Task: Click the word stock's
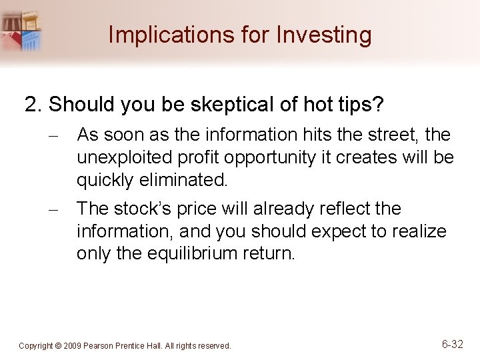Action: [x=145, y=209]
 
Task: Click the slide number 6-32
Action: [x=453, y=344]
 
